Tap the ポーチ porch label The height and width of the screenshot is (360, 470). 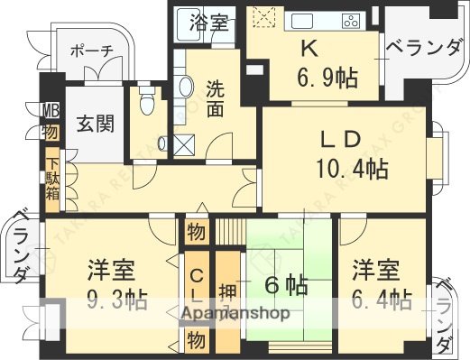tap(92, 51)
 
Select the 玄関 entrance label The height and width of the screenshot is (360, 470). tap(94, 123)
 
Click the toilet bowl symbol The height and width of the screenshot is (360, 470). tap(145, 104)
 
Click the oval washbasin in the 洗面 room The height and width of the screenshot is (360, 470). tap(185, 87)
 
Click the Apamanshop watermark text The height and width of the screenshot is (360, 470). tap(235, 314)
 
